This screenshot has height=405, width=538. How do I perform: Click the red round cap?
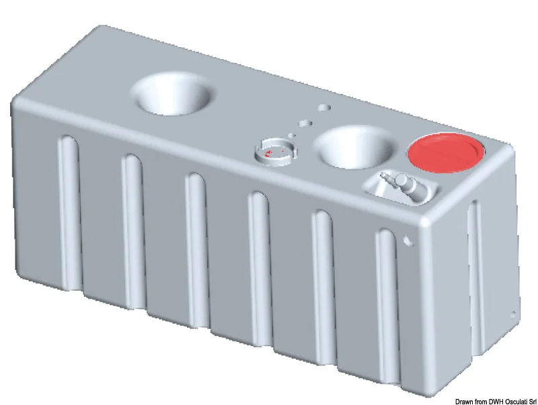pyautogui.click(x=445, y=152)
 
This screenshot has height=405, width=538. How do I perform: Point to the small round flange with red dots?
pyautogui.click(x=276, y=152)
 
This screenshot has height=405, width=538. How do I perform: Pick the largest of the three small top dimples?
pyautogui.click(x=323, y=107)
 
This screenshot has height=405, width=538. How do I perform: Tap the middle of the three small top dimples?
pyautogui.click(x=305, y=123)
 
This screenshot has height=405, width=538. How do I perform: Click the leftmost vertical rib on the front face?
pyautogui.click(x=70, y=212)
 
